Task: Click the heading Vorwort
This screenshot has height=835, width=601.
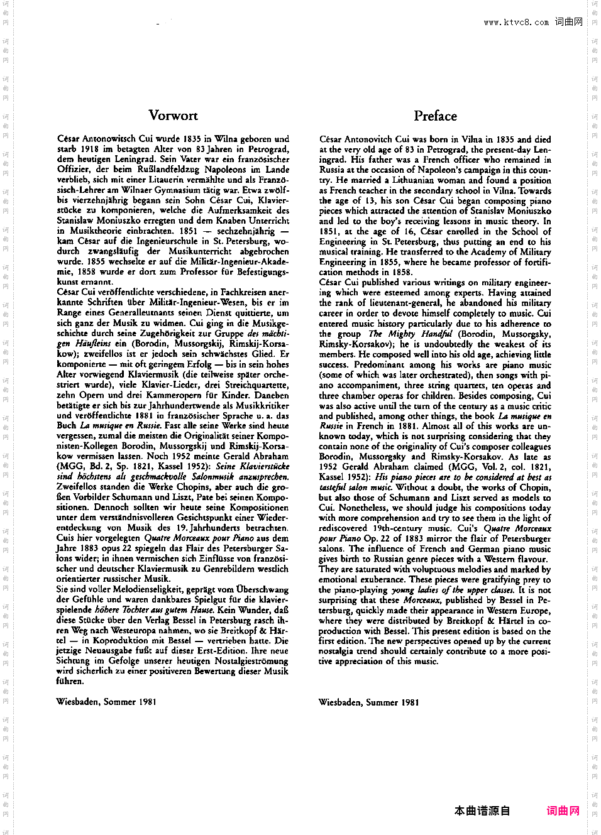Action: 173,116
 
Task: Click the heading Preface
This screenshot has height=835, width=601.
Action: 435,116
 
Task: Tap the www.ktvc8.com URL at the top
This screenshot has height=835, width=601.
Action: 516,23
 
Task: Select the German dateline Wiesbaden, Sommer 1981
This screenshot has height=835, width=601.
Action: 106,702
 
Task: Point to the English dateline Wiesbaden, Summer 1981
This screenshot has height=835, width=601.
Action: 368,702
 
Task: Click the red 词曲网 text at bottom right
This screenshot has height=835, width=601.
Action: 563,810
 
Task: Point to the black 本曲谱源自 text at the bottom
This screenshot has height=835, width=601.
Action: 482,810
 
